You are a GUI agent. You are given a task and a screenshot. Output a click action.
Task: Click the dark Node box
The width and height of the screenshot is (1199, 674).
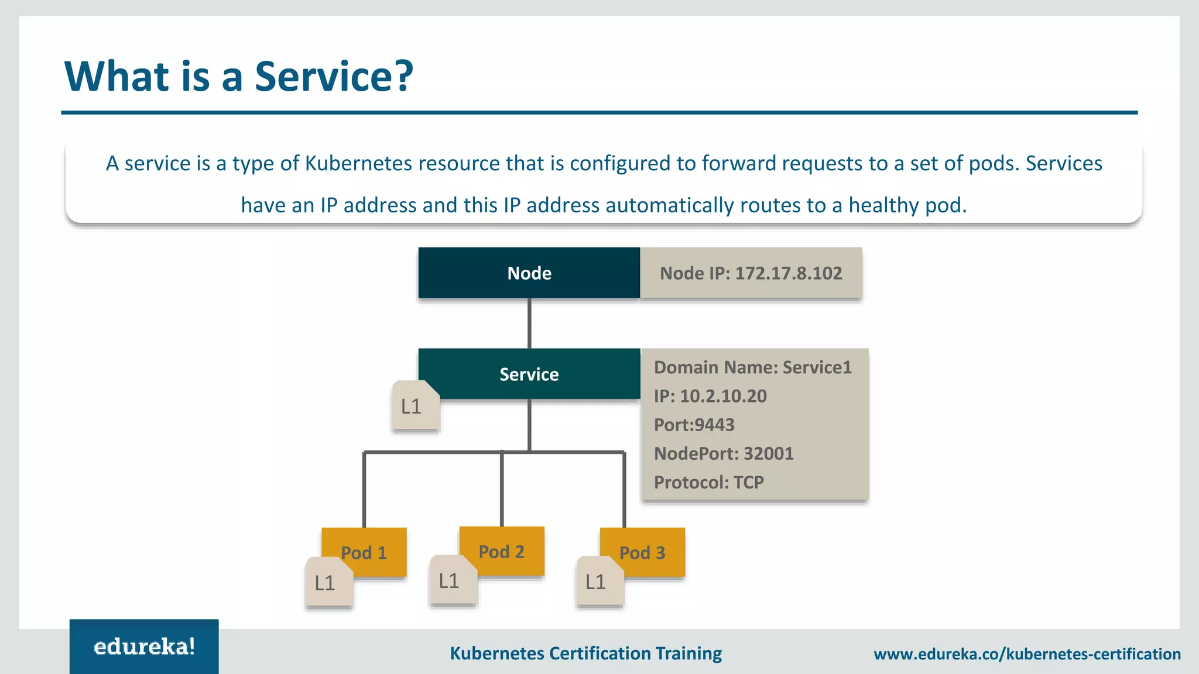point(529,273)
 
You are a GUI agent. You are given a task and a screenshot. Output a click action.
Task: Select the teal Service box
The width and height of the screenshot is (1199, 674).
point(529,374)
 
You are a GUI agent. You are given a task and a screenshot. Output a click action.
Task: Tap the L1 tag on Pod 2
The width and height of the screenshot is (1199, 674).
point(451,580)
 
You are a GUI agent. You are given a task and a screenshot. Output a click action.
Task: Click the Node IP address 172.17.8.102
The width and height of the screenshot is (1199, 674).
point(788,273)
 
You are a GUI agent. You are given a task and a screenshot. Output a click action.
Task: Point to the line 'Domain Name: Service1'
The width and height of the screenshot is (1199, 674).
point(752,367)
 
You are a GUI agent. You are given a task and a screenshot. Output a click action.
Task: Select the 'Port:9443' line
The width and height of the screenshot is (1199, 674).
point(694,425)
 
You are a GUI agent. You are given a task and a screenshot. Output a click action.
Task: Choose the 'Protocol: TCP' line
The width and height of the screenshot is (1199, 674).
point(708,482)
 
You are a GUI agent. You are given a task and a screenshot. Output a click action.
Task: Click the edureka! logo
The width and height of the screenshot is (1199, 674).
point(144,647)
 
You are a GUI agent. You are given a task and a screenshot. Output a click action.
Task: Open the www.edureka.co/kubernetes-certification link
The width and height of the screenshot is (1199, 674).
point(1027,654)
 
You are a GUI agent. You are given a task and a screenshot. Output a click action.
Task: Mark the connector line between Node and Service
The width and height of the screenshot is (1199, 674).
point(529,324)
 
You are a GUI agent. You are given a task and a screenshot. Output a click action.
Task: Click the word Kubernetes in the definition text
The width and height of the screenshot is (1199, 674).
point(358,163)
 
